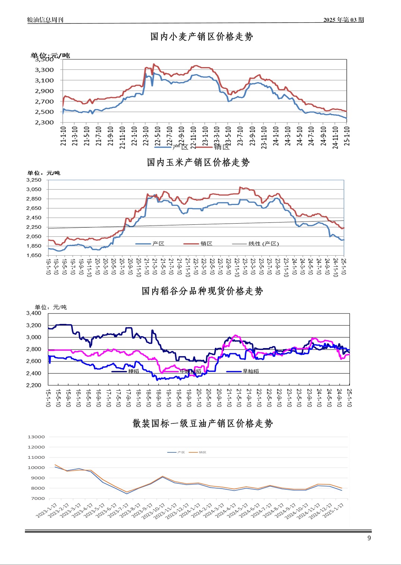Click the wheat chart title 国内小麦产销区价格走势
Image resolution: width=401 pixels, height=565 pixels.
click(x=201, y=37)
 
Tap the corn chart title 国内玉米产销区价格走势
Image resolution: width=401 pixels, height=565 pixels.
click(x=198, y=162)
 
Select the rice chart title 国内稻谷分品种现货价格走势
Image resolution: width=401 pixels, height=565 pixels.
click(x=202, y=291)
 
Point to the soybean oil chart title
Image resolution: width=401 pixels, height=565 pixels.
click(x=203, y=423)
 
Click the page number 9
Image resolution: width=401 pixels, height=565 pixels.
click(x=369, y=538)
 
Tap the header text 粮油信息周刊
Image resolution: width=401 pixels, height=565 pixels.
click(x=45, y=20)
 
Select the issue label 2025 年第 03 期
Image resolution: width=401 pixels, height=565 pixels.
click(x=343, y=20)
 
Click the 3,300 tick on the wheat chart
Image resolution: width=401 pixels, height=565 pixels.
click(x=44, y=70)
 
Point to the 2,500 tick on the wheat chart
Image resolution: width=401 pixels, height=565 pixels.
click(x=44, y=112)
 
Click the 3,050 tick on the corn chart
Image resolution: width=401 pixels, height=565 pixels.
click(x=34, y=189)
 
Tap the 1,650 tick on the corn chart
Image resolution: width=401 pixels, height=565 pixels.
click(x=34, y=255)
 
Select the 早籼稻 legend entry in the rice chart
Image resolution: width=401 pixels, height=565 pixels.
click(x=250, y=371)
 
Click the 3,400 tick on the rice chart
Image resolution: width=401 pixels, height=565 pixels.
click(x=34, y=313)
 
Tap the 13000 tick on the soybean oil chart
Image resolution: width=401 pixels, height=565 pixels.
click(x=36, y=437)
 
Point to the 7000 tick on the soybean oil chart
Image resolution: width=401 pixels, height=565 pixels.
click(x=38, y=498)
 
